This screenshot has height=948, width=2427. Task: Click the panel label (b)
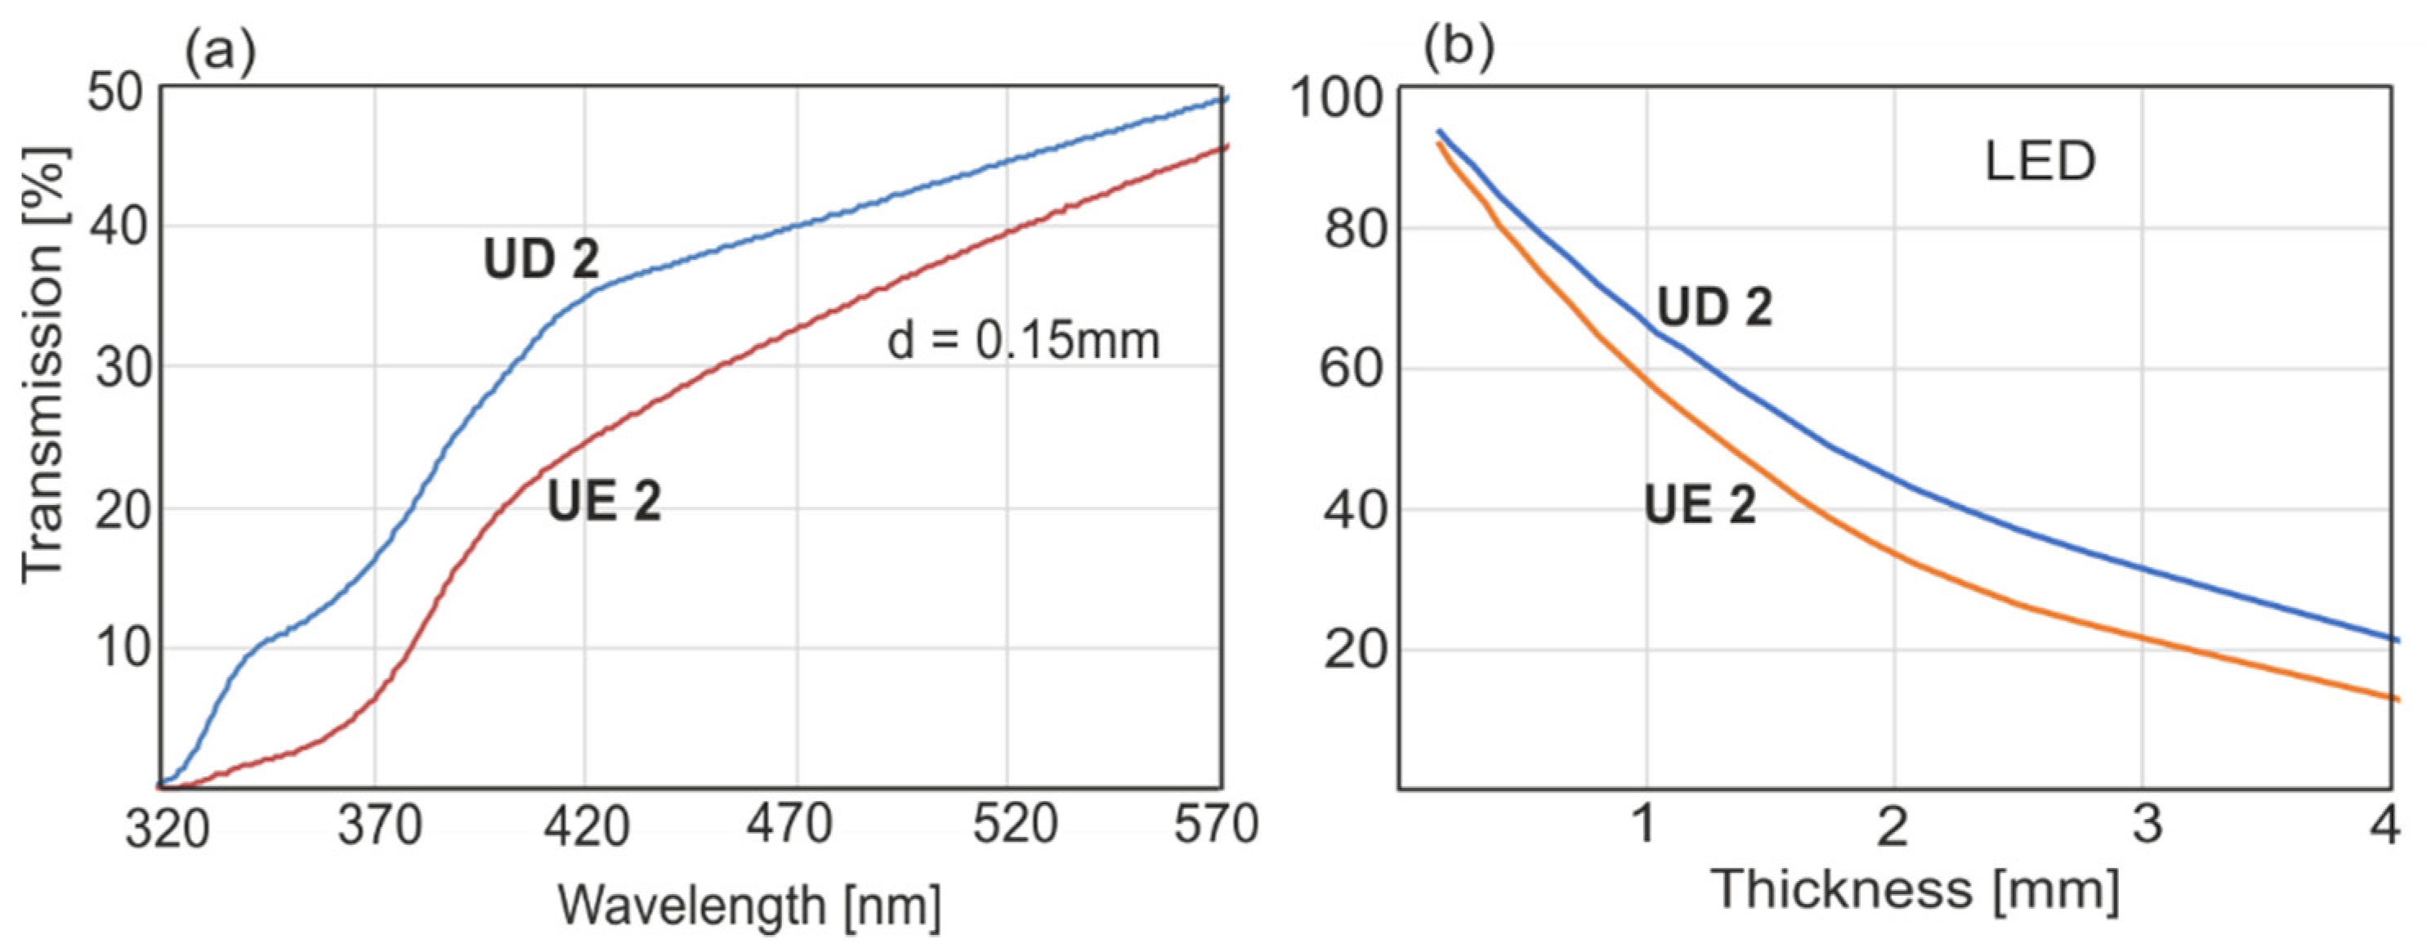(x=1459, y=49)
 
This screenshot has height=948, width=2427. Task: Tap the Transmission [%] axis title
(x=44, y=363)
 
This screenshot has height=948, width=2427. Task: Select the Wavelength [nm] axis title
(x=749, y=906)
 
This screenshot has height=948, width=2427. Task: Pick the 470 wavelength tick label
(x=789, y=825)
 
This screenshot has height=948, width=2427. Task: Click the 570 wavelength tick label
(x=1215, y=825)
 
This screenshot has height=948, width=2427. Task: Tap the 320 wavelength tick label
(x=168, y=829)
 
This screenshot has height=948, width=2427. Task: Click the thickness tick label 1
(x=1644, y=825)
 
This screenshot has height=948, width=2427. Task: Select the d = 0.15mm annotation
(x=1023, y=340)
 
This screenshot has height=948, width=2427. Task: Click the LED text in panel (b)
(x=2040, y=162)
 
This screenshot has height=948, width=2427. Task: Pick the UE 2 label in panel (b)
(x=1700, y=505)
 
